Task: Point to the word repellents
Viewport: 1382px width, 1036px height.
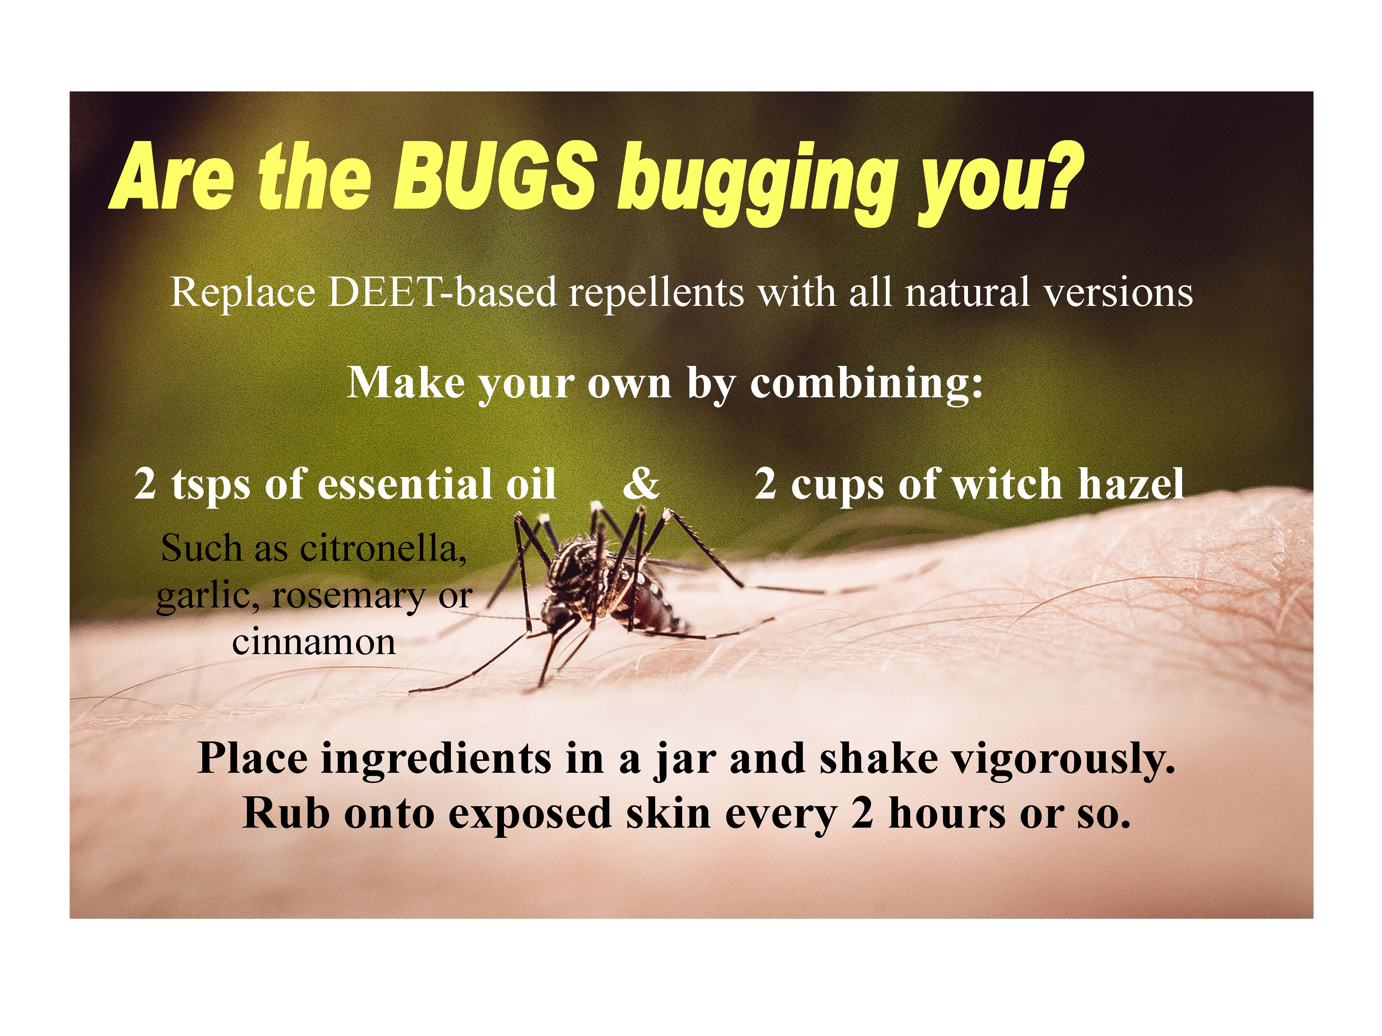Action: tap(656, 293)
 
